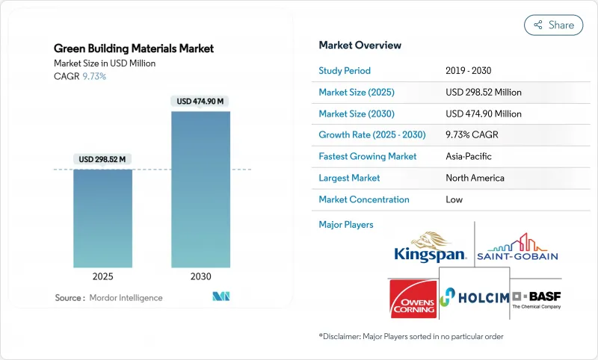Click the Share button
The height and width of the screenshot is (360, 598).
554,25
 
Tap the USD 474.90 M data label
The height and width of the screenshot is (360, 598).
201,102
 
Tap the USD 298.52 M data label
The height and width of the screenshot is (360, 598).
102,159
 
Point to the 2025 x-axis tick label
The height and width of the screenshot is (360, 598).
102,276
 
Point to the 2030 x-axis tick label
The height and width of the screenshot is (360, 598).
201,276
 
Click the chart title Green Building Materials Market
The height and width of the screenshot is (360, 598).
134,49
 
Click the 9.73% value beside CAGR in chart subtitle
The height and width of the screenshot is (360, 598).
93,77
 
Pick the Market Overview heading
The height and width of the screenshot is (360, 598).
360,45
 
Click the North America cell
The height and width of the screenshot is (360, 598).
475,178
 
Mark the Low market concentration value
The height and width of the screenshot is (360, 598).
454,199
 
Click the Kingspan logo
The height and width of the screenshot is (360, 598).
431,247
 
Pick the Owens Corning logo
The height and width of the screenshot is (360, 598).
413,298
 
